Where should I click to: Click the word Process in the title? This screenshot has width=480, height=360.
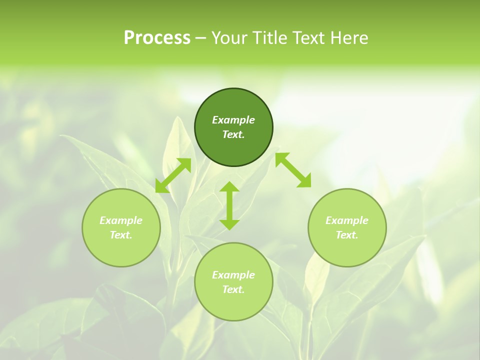point(157,38)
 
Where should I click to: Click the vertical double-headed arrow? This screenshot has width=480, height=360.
point(229,206)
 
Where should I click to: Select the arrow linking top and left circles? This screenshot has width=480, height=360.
point(173,175)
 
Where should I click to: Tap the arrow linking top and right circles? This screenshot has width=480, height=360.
point(293,170)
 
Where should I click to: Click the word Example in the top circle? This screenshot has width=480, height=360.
point(233,120)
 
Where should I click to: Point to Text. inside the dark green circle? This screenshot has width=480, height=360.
point(233,134)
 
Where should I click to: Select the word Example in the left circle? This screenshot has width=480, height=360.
point(121,220)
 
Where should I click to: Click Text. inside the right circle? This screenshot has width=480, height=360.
point(347,235)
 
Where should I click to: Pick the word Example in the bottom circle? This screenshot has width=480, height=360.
point(233,275)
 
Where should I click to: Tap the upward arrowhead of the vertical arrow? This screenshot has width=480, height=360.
point(229,187)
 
